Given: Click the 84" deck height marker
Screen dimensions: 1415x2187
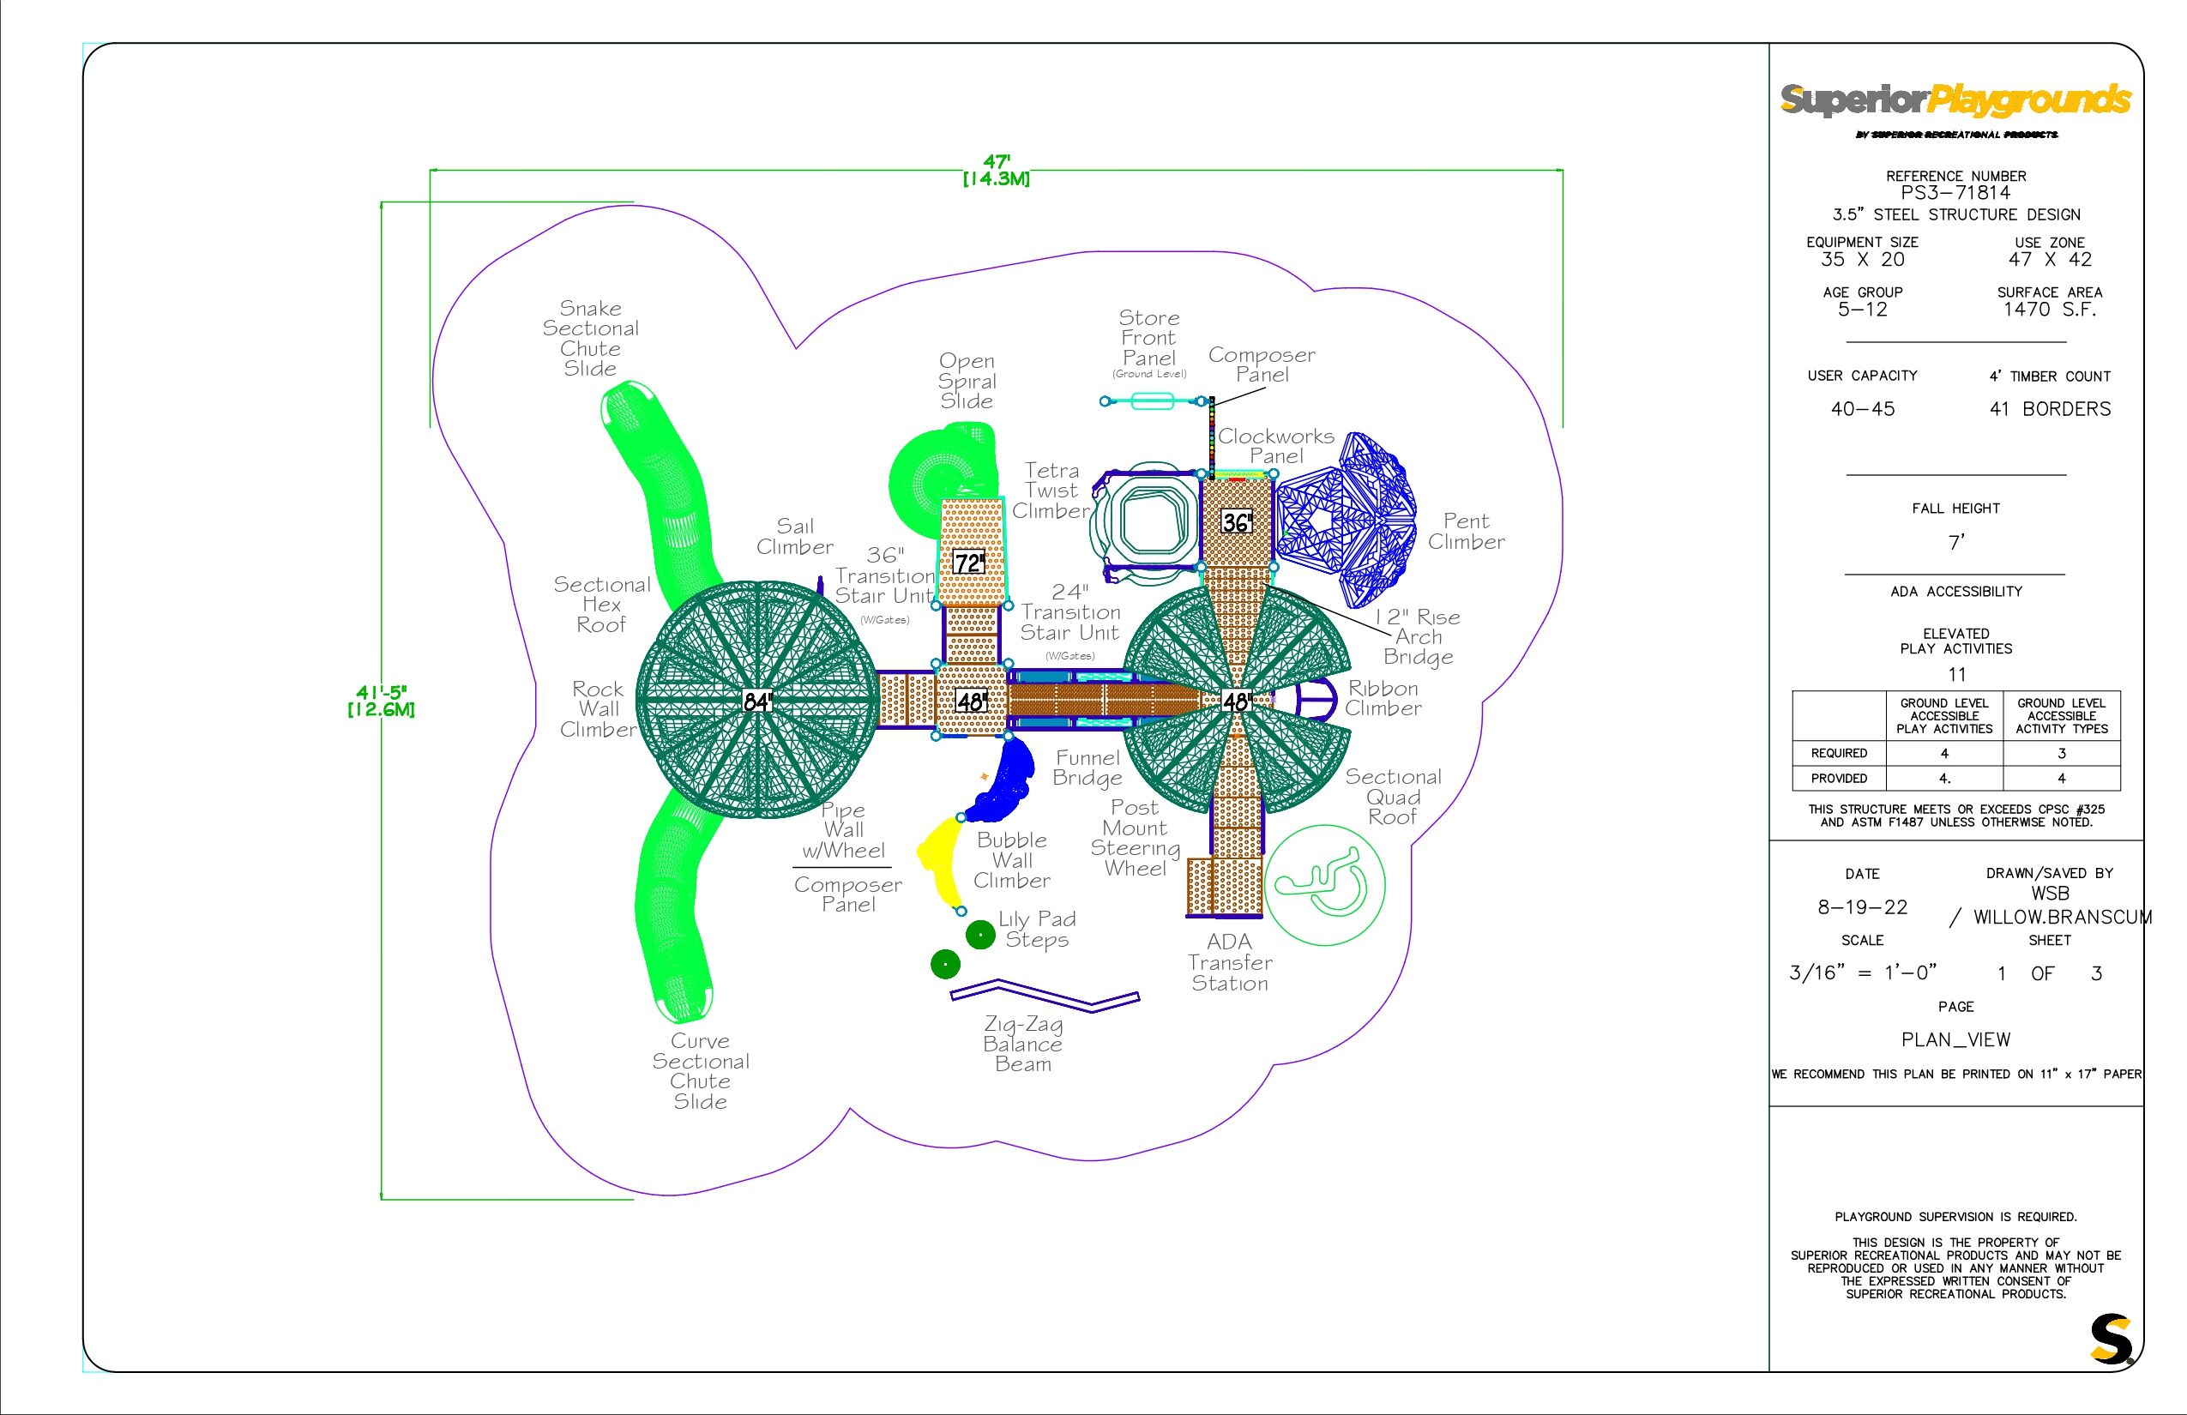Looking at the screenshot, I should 756,702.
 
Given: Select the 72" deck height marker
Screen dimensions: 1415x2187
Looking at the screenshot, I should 969,563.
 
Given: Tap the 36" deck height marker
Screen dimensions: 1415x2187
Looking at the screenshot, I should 1237,523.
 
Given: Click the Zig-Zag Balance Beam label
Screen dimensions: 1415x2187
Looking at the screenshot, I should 1022,1044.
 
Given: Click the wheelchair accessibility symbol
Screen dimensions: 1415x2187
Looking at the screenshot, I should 1324,885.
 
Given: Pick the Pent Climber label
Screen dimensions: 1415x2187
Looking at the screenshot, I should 1466,532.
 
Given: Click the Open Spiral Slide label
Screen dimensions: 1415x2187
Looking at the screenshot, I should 967,382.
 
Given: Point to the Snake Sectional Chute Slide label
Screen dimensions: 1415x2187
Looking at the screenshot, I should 590,338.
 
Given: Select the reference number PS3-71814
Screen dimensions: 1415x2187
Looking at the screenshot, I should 1955,193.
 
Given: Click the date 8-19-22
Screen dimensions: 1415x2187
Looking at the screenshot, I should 1862,908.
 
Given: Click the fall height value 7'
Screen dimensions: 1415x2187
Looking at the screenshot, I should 1955,543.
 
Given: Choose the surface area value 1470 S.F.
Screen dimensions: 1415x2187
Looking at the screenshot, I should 2049,310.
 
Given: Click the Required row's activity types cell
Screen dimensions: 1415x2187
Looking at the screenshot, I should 2061,754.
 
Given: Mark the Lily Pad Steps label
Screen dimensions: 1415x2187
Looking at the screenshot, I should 1037,929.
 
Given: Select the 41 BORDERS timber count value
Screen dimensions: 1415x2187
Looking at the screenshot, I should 2049,410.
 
